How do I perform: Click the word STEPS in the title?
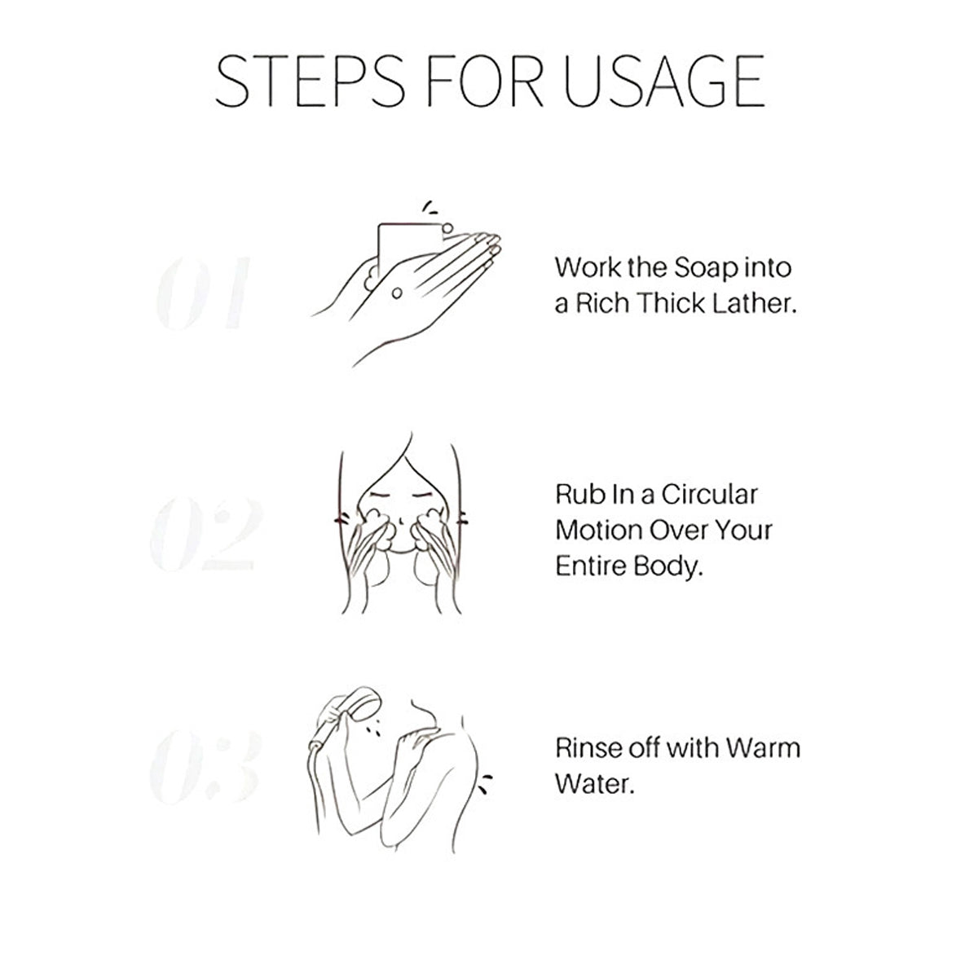(x=310, y=81)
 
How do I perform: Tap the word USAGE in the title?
(x=664, y=81)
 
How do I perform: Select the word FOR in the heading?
(x=485, y=81)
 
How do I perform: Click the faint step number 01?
(x=203, y=293)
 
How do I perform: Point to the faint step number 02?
(x=206, y=533)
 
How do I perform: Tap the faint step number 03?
(x=205, y=766)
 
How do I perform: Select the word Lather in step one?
(x=754, y=303)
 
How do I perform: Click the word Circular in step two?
(x=709, y=495)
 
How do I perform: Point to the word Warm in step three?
(x=762, y=748)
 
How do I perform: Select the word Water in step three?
(x=594, y=784)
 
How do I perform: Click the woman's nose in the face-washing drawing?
(x=401, y=521)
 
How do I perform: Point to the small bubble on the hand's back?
(x=397, y=293)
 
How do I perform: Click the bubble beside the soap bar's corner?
(x=447, y=228)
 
